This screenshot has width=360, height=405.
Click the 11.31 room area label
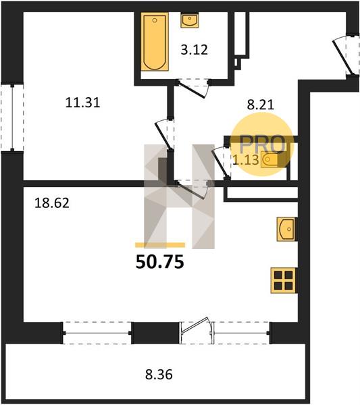tap(82, 103)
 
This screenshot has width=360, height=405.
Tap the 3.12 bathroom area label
tap(194, 49)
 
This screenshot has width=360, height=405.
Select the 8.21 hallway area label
tap(260, 105)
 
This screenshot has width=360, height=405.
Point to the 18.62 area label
tap(52, 202)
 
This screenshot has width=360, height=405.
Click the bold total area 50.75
tap(159, 262)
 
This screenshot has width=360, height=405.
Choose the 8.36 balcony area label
tap(159, 375)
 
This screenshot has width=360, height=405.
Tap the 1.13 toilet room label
tap(245, 160)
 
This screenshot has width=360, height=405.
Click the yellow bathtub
tap(155, 42)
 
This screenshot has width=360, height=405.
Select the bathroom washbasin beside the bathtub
tap(190, 20)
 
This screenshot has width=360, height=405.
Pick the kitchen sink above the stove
tap(286, 230)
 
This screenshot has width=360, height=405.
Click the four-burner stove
tap(283, 280)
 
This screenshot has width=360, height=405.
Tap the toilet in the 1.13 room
tap(269, 160)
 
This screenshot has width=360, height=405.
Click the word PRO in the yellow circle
tap(262, 144)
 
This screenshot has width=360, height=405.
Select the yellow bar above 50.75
tap(160, 245)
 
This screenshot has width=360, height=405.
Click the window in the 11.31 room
tap(12, 117)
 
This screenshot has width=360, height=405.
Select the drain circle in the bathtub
tap(155, 20)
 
